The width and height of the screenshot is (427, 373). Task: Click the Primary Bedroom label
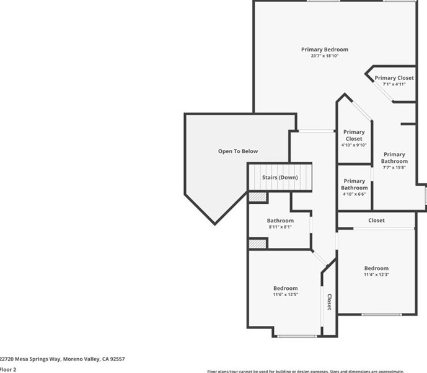(324, 50)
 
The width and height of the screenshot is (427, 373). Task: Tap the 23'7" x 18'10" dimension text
(324, 56)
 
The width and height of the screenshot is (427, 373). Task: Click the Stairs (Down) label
(280, 178)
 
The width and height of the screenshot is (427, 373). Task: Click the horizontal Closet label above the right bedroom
(376, 221)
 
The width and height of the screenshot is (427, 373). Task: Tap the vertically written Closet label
(329, 302)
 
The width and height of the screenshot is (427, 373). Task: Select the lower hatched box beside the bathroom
(257, 244)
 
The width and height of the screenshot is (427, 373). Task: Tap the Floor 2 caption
(8, 369)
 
